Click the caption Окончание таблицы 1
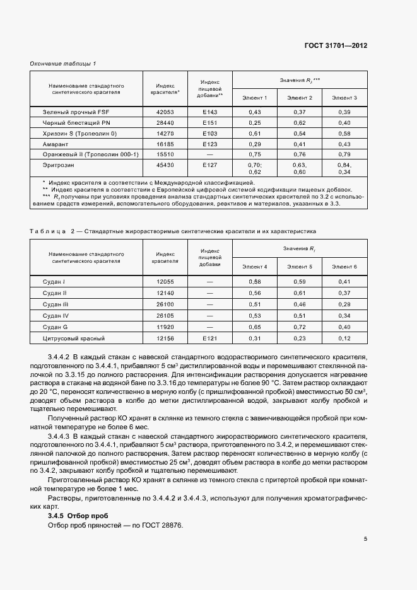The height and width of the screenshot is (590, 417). click(x=63, y=64)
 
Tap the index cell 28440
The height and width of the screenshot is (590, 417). click(x=165, y=122)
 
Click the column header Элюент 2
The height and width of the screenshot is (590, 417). click(x=300, y=98)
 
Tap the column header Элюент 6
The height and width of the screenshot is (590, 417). click(x=344, y=267)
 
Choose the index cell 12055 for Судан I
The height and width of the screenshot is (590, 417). click(x=165, y=281)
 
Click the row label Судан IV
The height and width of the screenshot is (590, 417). click(x=56, y=315)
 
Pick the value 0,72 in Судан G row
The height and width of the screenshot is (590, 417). click(x=300, y=327)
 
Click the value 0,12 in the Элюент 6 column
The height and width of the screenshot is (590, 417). click(x=344, y=338)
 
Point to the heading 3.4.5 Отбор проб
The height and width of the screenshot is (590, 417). click(x=70, y=516)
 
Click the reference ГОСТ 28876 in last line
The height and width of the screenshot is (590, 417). click(x=163, y=526)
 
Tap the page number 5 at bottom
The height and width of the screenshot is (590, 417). click(x=365, y=539)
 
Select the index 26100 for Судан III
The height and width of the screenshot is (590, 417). click(x=165, y=304)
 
